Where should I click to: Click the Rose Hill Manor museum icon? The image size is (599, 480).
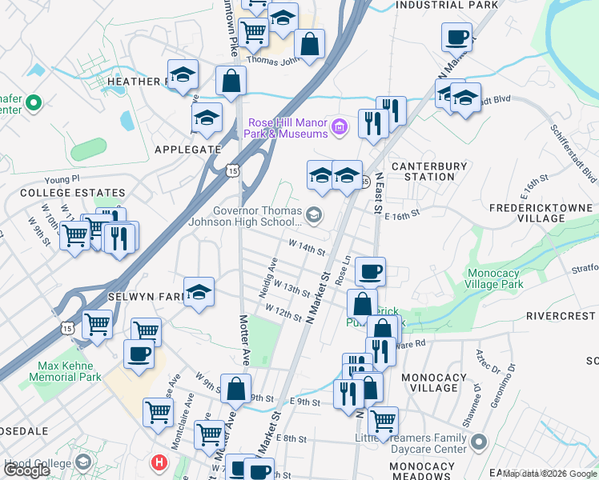(340, 126)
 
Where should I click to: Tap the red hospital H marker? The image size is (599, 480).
(159, 462)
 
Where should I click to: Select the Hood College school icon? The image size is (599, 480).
(82, 462)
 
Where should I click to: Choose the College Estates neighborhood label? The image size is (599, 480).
(73, 193)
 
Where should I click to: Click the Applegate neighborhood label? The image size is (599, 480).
(187, 149)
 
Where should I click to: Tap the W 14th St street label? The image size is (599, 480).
(306, 248)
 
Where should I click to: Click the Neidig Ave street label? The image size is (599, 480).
(272, 274)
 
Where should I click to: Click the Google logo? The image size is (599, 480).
(27, 470)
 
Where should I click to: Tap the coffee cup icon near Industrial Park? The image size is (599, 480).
(456, 36)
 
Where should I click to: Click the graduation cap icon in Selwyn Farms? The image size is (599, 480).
(199, 292)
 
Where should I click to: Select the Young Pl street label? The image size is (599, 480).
(63, 179)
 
